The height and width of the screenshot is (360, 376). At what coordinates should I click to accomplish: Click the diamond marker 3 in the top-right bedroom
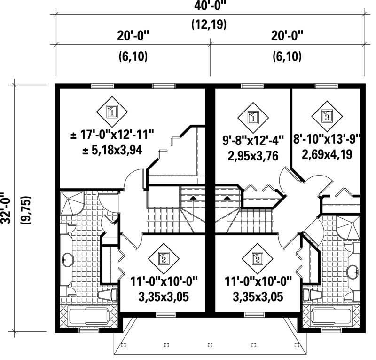pos(327,116)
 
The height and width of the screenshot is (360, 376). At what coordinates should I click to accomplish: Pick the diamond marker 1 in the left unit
pos(111,111)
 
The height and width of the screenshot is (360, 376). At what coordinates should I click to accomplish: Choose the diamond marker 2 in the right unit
pos(257,258)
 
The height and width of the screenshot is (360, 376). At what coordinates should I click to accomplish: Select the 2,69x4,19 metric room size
pos(327,153)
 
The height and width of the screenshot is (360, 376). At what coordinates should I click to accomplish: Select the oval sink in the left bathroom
pos(68,259)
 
